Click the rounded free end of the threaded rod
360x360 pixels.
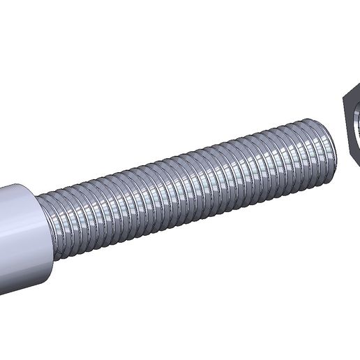[329, 142]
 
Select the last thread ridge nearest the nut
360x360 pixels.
[322, 144]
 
